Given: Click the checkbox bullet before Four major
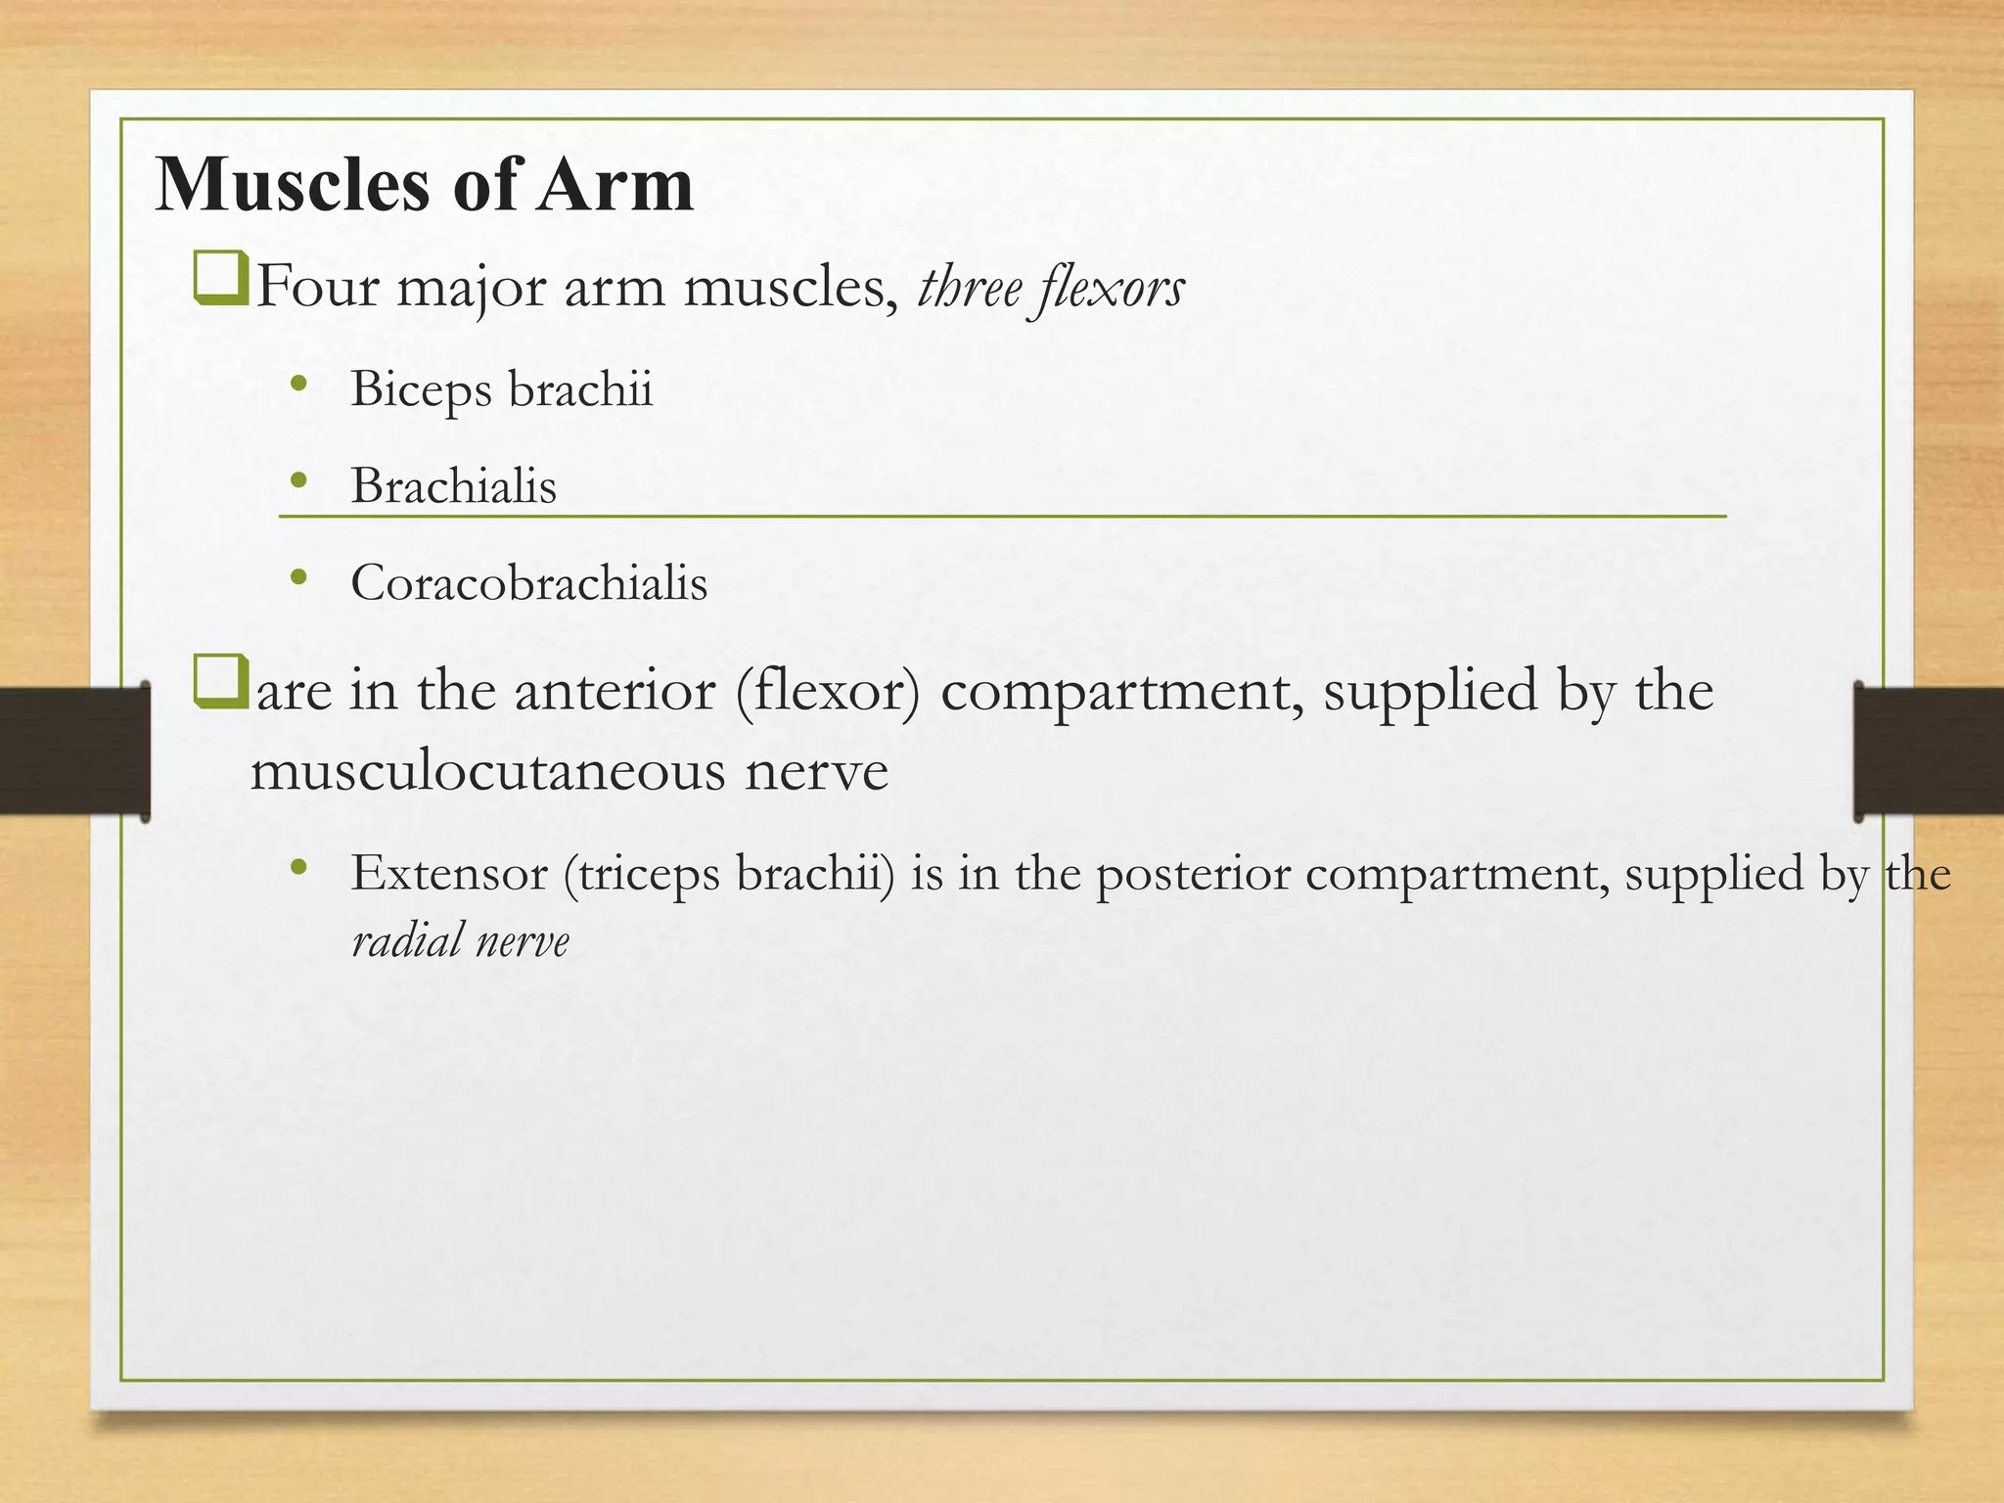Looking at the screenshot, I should click(x=220, y=279).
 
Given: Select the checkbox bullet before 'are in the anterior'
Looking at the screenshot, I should click(x=220, y=682).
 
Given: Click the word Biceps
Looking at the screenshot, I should click(x=421, y=389).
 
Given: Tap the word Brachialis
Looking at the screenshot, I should click(x=453, y=485).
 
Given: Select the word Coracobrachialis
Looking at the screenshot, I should click(x=528, y=583).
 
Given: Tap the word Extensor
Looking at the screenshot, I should click(x=448, y=873).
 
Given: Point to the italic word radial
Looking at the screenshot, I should click(x=406, y=941).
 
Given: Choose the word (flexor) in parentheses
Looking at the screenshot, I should click(x=829, y=691).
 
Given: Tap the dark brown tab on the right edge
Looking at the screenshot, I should click(x=1929, y=751).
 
